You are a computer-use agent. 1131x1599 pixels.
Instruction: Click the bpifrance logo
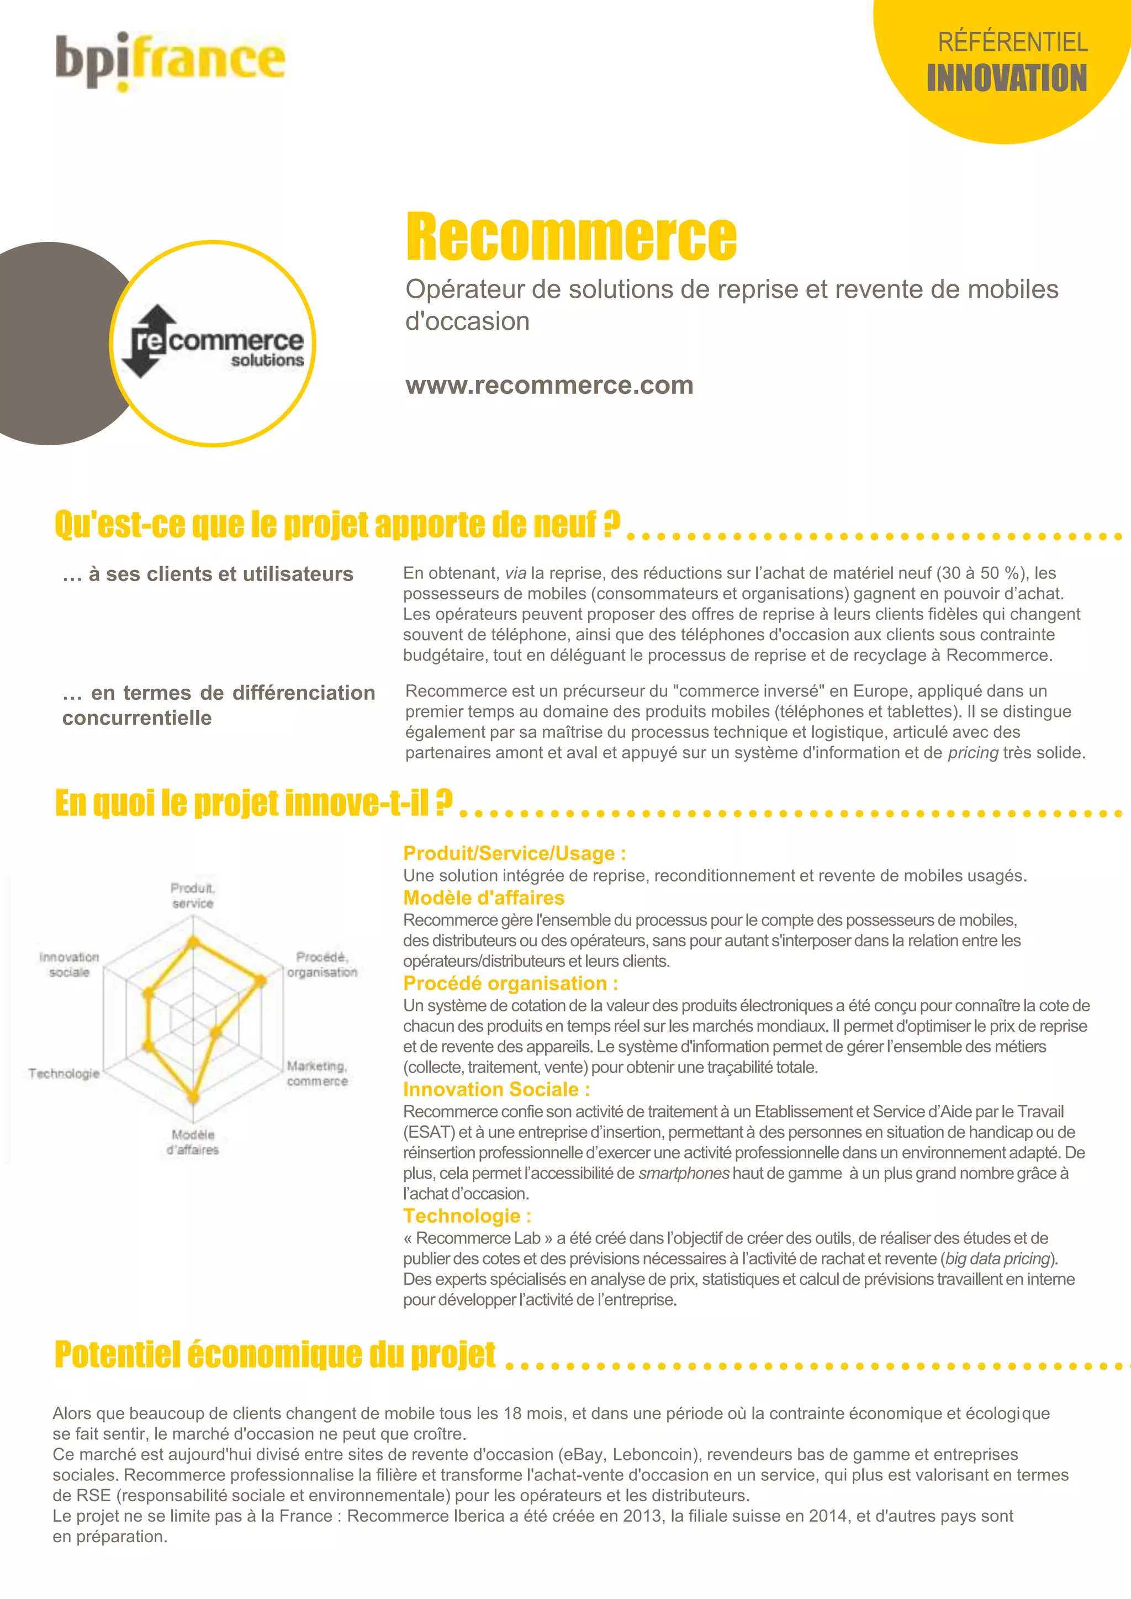coord(171,61)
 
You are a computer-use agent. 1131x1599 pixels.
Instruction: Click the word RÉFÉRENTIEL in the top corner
coord(1013,43)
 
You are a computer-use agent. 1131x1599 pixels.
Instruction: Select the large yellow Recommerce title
coord(571,237)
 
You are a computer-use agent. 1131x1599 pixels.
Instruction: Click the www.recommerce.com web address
coord(549,385)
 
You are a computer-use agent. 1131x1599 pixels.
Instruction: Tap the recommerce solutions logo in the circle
coord(213,342)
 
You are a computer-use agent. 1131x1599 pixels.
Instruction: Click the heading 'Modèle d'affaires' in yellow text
coord(484,898)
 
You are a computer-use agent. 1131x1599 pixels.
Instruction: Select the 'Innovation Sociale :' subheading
coord(496,1089)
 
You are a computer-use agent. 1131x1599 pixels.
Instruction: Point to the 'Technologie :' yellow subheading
coord(467,1216)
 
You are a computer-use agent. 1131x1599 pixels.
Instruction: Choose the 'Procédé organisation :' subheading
coord(510,983)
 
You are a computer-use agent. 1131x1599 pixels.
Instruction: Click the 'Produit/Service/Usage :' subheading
coord(515,853)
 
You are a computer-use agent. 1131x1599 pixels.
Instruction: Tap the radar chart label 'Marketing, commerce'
coord(318,1073)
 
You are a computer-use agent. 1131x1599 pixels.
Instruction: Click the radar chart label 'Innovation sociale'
coord(69,964)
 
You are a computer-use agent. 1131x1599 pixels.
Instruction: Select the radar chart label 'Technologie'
coord(64,1073)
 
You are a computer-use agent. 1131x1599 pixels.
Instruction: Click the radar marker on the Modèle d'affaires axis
coord(194,1097)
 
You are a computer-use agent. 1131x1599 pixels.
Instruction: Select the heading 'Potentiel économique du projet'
coord(275,1354)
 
